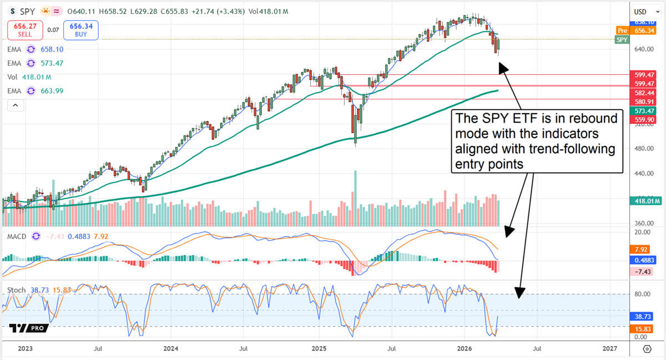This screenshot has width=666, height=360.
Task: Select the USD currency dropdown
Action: (x=643, y=12)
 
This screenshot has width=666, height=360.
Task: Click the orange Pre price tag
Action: (x=622, y=31)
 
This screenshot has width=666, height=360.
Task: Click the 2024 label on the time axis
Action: (x=171, y=349)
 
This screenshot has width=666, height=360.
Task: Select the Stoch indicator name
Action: (x=16, y=290)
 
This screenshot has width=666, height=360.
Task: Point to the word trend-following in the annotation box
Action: (x=572, y=149)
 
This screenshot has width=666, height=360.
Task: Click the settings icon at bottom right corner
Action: (x=647, y=349)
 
